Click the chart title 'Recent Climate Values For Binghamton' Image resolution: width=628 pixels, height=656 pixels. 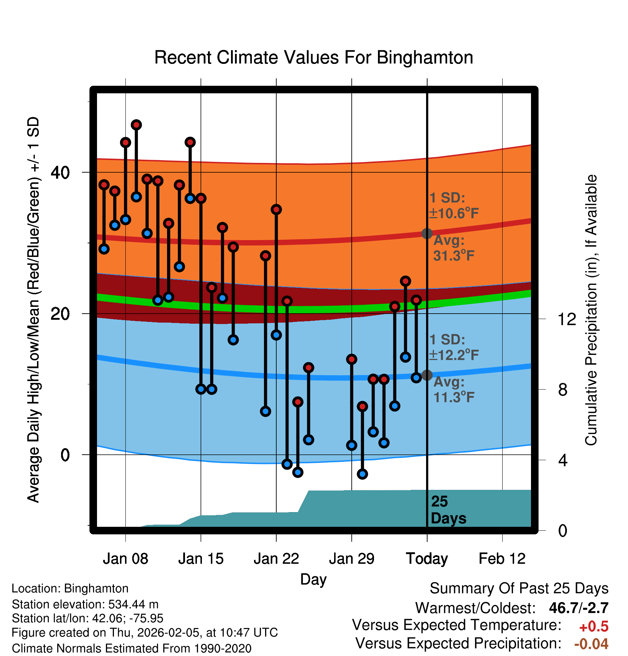pos(314,57)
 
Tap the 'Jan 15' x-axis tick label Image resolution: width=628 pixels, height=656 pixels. pos(201,559)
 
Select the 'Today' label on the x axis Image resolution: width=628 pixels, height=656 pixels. pos(427,559)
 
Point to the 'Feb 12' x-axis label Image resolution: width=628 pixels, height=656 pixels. pos(502,559)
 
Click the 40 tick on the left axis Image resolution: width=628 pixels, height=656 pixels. pos(60,173)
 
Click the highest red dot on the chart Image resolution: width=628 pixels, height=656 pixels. pos(136,125)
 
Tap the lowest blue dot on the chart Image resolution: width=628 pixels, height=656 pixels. pos(363,474)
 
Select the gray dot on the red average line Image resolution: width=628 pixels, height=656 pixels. pos(427,234)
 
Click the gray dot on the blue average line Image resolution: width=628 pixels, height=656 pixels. pos(427,375)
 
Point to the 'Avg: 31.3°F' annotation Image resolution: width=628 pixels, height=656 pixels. pos(453,248)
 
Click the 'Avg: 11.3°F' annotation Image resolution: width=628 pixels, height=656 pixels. pos(453,390)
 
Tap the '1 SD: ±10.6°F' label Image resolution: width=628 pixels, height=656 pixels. pos(453,206)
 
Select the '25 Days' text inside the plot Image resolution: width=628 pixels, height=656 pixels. pos(448,510)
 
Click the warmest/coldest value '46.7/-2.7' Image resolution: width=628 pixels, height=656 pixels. pos(578,608)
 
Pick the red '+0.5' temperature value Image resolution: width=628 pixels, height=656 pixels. pos(594,627)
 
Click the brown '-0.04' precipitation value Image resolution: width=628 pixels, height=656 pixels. pos(591,644)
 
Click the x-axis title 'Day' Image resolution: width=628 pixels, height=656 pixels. pos(313,579)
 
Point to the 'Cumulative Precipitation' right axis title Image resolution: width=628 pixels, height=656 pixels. pos(591,310)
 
